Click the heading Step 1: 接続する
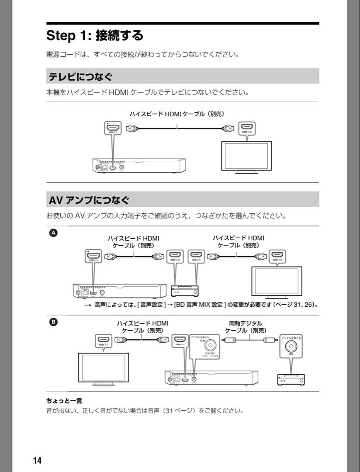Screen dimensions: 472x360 pyautogui.click(x=95, y=35)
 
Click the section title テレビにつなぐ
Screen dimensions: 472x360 pyautogui.click(x=80, y=77)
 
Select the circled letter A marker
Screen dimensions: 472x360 pyautogui.click(x=53, y=233)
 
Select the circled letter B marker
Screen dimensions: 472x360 pyautogui.click(x=53, y=322)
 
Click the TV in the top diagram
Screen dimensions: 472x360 pyautogui.click(x=246, y=156)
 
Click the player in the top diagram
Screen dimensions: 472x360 pyautogui.click(x=139, y=166)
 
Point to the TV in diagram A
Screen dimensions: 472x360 pyautogui.click(x=277, y=281)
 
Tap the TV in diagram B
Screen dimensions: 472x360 pyautogui.click(x=103, y=369)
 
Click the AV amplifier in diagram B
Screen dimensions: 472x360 pyautogui.click(x=291, y=380)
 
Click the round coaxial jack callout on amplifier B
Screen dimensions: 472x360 pyautogui.click(x=291, y=346)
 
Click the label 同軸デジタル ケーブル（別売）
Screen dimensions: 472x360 pyautogui.click(x=246, y=327)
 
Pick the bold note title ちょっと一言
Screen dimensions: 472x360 pyautogui.click(x=64, y=401)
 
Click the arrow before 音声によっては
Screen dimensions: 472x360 pyautogui.click(x=87, y=305)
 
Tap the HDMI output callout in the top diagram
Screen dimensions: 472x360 pyautogui.click(x=113, y=128)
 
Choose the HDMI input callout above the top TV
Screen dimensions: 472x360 pyautogui.click(x=247, y=128)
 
